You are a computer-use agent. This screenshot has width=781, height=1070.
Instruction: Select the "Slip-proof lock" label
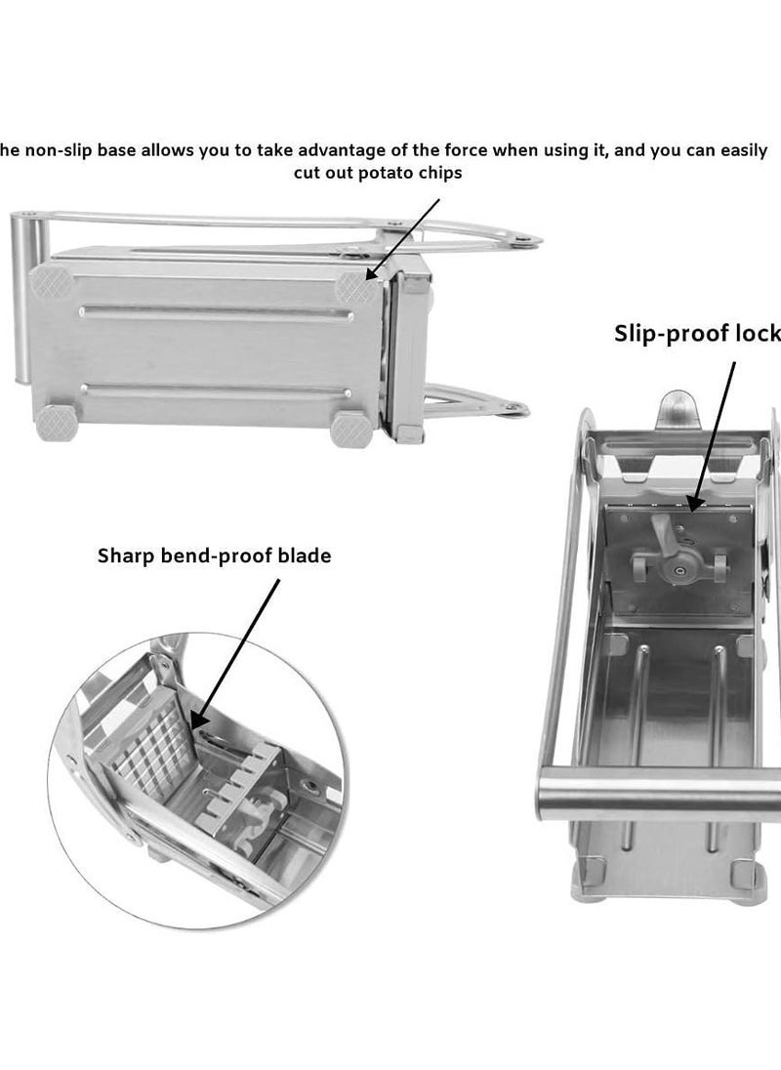point(697,334)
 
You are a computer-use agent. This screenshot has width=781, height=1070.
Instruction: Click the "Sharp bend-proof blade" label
point(214,556)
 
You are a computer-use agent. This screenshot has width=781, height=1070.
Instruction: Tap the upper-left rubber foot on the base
point(48,283)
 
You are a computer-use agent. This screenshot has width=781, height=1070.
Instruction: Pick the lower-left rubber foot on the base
point(53,422)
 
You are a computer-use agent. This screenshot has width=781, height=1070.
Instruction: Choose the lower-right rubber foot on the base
point(349,428)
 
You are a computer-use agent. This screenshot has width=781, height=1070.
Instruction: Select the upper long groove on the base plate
point(215,313)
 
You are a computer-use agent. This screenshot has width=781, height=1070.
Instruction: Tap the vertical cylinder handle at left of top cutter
point(23,293)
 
